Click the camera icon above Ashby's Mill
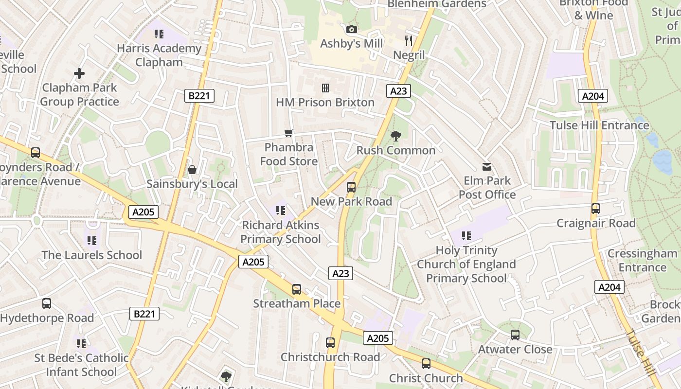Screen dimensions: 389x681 point(352,30)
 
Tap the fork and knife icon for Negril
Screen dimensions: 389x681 point(409,41)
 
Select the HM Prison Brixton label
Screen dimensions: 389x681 point(325,103)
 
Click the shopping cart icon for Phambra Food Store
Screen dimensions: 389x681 point(289,133)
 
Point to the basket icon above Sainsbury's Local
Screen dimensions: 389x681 point(192,170)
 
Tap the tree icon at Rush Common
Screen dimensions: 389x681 point(396,136)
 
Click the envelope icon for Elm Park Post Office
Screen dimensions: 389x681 point(487,167)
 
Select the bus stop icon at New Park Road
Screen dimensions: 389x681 point(351,187)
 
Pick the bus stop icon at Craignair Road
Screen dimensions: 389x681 point(596,209)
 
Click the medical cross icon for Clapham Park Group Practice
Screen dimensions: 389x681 point(79,73)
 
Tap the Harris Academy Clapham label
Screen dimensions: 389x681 point(159,55)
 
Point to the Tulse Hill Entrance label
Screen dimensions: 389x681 point(599,125)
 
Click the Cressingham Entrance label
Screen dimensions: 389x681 point(642,260)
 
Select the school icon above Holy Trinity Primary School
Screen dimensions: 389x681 point(466,236)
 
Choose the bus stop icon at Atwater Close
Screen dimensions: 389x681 point(515,335)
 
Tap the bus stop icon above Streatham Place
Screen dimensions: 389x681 point(297,289)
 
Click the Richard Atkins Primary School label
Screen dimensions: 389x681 point(281,232)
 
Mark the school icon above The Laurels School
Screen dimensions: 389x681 point(92,240)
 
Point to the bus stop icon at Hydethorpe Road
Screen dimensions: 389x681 point(47,303)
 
